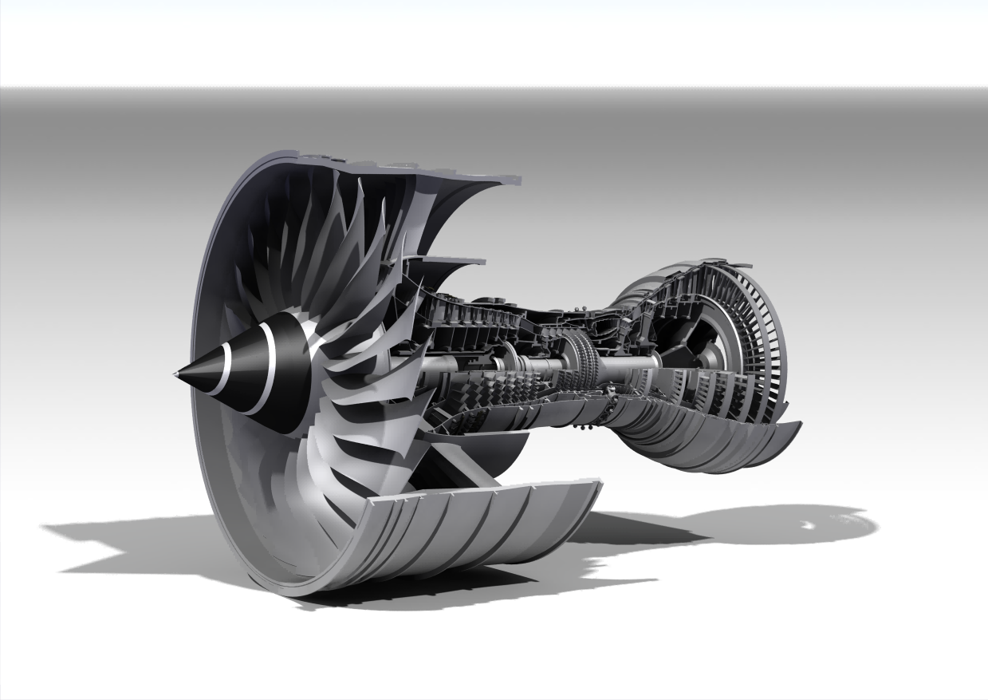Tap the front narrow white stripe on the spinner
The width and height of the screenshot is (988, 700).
click(x=226, y=370)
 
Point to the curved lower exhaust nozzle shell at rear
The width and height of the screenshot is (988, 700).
click(x=718, y=447)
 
